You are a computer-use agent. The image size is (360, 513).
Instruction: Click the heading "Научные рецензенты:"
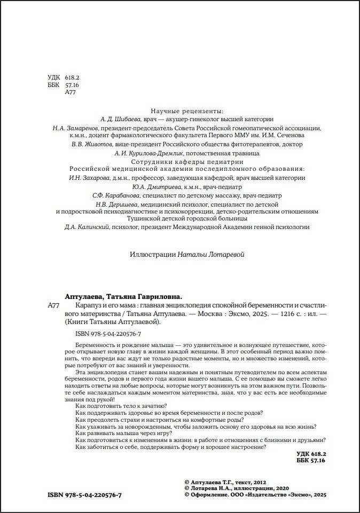click(x=187, y=111)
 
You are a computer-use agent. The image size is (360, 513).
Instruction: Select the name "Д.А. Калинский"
click(x=87, y=227)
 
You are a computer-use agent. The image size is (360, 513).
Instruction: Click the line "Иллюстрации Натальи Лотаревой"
click(x=187, y=255)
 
